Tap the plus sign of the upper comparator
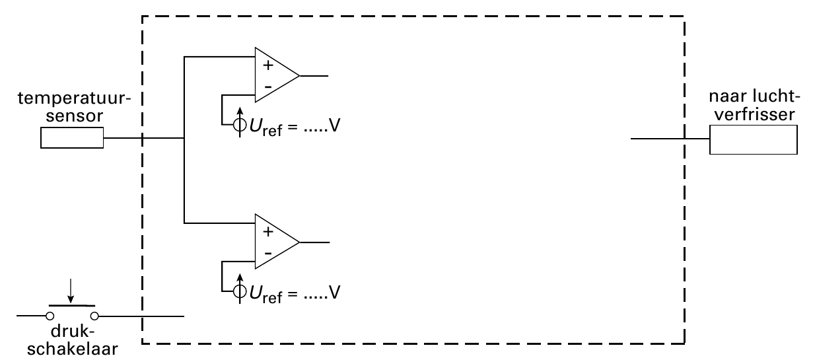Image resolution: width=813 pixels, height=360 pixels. pyautogui.click(x=268, y=65)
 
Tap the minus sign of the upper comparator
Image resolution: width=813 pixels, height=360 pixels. pyautogui.click(x=268, y=87)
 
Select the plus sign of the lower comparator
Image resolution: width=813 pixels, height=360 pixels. pyautogui.click(x=268, y=232)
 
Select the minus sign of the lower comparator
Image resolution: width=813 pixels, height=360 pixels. pyautogui.click(x=268, y=253)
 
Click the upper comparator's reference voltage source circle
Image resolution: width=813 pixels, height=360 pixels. pyautogui.click(x=240, y=125)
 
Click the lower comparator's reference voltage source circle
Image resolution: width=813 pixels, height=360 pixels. pyautogui.click(x=240, y=291)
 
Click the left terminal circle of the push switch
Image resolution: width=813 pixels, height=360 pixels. pyautogui.click(x=50, y=316)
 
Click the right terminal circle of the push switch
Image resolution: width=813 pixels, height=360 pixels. pyautogui.click(x=94, y=316)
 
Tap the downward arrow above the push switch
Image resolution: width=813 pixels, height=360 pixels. pyautogui.click(x=71, y=291)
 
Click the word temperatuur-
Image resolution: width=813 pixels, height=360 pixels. pyautogui.click(x=74, y=98)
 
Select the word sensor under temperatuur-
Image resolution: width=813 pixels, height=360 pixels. pyautogui.click(x=74, y=116)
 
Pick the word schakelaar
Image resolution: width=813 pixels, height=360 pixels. pyautogui.click(x=73, y=349)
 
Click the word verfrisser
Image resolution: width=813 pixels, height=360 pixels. pyautogui.click(x=755, y=114)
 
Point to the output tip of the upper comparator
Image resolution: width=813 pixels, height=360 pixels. pyautogui.click(x=299, y=76)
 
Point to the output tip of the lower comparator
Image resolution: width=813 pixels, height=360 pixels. pyautogui.click(x=299, y=242)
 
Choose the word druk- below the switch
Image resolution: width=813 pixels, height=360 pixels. pyautogui.click(x=73, y=332)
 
